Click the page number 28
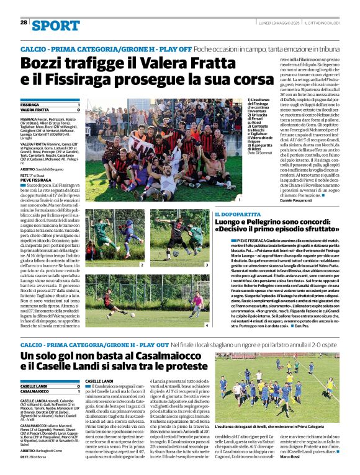pos(24,22)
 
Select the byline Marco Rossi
pos(325,458)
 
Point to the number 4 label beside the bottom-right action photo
pos(207,324)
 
